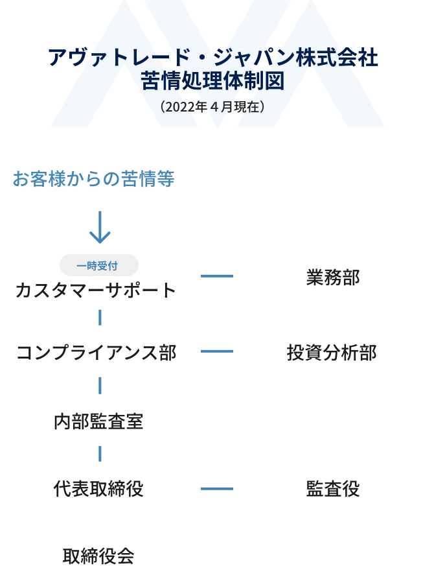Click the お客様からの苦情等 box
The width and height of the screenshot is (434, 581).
[x=100, y=179]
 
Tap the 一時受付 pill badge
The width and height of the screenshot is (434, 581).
[x=99, y=265]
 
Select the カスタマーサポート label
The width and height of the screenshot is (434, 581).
[x=96, y=290]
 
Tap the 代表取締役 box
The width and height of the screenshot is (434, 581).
[x=100, y=488]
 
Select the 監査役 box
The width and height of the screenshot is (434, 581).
[x=332, y=488]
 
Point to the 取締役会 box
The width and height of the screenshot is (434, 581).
[x=100, y=555]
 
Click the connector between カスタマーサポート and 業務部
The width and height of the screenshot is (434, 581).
[x=216, y=276]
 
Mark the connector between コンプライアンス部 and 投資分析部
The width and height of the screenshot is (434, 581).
[x=216, y=351]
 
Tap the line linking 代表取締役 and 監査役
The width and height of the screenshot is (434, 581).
[x=216, y=488]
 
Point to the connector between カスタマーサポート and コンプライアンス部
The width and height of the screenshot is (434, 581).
[x=100, y=318]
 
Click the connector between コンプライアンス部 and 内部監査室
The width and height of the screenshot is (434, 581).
[x=100, y=385]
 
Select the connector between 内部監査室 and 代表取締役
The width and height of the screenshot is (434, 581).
[x=100, y=453]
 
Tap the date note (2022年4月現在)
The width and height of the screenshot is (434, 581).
[x=212, y=106]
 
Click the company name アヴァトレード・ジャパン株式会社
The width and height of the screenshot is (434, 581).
[x=212, y=58]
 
